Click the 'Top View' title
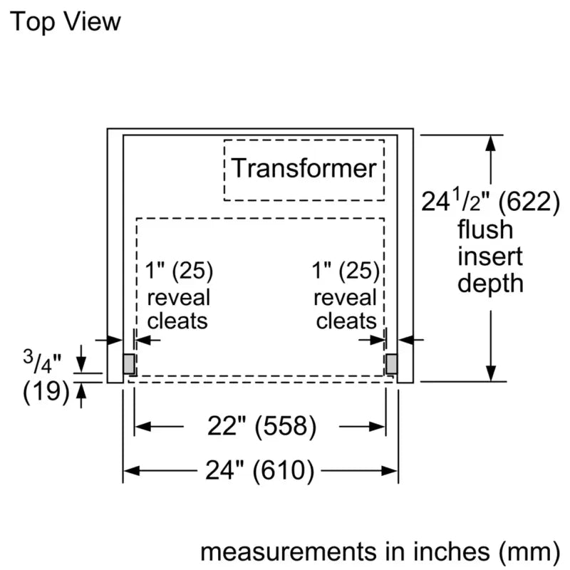point(65,21)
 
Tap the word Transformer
point(304,168)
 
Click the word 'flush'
point(484,229)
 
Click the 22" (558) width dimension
point(261,427)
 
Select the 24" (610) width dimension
point(261,470)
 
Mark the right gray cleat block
point(391,364)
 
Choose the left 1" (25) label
point(179,271)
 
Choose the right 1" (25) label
point(346,271)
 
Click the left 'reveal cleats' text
point(178,309)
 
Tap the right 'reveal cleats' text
point(346,309)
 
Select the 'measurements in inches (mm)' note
point(379,551)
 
